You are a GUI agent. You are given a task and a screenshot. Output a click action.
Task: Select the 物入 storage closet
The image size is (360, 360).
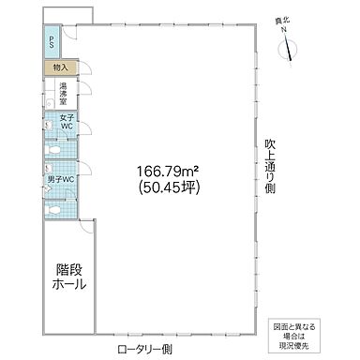[x=58, y=67]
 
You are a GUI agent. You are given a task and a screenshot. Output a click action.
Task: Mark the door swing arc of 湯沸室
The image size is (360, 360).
[x=83, y=89]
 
